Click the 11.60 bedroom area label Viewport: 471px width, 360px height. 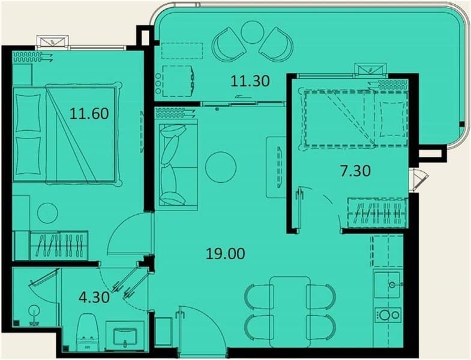tap(89, 114)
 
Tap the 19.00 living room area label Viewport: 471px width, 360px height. tap(225, 254)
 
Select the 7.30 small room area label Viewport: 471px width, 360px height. tap(355, 171)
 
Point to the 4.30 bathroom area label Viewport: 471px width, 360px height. tap(94, 298)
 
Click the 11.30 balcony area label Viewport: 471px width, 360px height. tap(250, 81)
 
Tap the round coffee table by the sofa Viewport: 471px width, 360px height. tap(221, 167)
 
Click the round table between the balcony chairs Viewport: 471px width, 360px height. tap(253, 32)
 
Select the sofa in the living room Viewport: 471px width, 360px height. tap(176, 164)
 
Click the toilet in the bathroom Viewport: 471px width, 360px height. tap(87, 332)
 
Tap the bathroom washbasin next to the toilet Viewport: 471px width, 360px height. tap(125, 335)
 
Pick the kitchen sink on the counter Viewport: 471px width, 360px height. tap(388, 284)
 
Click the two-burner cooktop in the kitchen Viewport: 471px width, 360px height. tap(389, 315)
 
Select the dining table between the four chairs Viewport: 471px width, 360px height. tap(290, 312)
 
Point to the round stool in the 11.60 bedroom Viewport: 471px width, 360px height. tap(47, 213)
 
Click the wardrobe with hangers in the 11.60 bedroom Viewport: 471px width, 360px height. tap(59, 245)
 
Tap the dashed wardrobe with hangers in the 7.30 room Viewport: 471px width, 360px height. tap(377, 212)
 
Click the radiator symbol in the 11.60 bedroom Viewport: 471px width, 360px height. tap(32, 56)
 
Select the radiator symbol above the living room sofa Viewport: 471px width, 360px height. tap(175, 113)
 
